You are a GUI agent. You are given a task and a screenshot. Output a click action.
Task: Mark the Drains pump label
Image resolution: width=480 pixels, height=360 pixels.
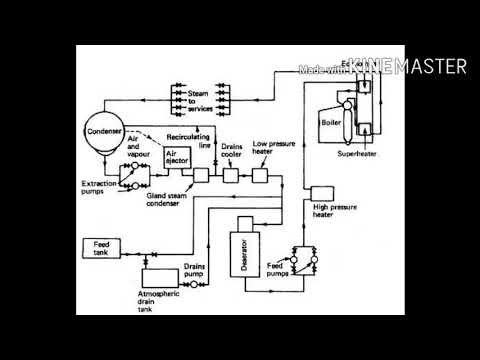click(x=196, y=270)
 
